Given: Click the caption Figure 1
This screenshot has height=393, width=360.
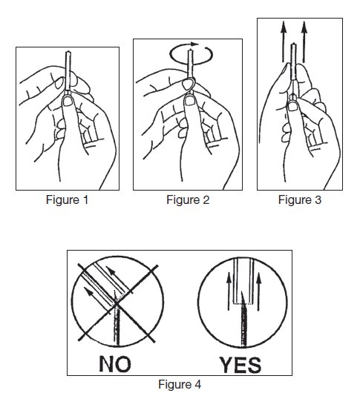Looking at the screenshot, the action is [68, 200].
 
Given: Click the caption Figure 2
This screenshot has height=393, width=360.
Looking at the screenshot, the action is [188, 200].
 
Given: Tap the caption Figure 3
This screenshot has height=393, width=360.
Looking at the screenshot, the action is [300, 200].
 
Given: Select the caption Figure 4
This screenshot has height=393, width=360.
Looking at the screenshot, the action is [180, 384].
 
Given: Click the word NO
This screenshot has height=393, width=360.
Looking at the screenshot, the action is [115, 364].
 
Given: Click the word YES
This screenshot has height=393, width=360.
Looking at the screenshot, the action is [240, 365].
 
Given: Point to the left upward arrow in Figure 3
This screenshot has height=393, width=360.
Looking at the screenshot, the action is [284, 42].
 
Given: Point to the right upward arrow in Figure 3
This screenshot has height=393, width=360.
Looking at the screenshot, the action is [304, 42].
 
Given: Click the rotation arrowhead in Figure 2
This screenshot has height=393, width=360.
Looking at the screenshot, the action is [194, 44].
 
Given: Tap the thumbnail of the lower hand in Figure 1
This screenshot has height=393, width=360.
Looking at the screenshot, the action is [68, 102].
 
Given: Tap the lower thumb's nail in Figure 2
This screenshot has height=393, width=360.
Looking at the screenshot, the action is [190, 101].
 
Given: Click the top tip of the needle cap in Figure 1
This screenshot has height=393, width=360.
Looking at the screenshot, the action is [68, 52].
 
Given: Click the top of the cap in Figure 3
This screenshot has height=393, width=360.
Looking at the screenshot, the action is [293, 44].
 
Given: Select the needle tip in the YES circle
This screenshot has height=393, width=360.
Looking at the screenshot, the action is [242, 292].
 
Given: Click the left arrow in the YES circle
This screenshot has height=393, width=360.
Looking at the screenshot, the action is [229, 291].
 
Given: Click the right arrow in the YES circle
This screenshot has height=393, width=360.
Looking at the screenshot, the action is [258, 291].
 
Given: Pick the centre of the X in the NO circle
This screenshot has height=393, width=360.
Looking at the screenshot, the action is [117, 304].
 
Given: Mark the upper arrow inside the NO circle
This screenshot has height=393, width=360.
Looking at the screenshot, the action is [118, 278].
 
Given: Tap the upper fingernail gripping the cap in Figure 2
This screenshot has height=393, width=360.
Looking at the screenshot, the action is [188, 85].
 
